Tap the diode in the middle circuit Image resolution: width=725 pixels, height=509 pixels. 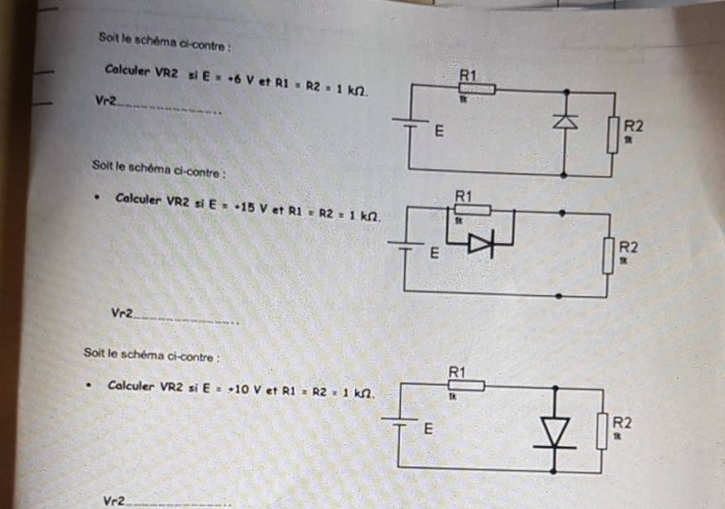click(480, 244)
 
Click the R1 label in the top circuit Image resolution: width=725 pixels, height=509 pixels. click(469, 75)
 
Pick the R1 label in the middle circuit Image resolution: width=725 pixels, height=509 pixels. click(464, 196)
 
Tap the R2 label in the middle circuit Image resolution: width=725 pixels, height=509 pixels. click(628, 247)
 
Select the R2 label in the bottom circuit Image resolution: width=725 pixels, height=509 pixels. click(621, 421)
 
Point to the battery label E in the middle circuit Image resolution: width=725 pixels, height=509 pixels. click(433, 253)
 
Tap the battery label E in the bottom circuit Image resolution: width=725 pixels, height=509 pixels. click(428, 429)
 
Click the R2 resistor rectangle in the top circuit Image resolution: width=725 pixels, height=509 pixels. click(613, 134)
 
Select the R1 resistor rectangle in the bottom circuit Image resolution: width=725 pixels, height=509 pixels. click(466, 385)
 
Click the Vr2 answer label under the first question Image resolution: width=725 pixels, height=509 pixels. click(105, 101)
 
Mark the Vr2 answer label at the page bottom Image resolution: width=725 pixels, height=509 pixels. click(114, 501)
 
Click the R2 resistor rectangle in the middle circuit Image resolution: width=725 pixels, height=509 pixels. click(608, 255)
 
